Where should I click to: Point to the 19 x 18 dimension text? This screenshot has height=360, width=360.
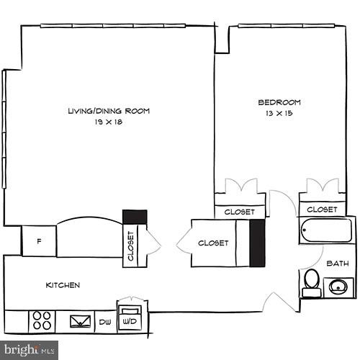(x=109, y=122)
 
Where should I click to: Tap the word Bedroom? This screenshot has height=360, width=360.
(x=279, y=102)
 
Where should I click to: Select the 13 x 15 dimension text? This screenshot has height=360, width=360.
(x=279, y=113)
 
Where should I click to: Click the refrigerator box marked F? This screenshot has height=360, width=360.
(x=39, y=241)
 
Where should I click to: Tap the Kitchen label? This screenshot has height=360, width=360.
(x=63, y=285)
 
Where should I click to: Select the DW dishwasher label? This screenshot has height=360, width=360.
(x=105, y=322)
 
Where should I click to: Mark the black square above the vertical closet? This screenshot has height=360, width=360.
(x=135, y=217)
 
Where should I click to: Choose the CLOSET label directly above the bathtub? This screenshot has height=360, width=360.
(x=321, y=210)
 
